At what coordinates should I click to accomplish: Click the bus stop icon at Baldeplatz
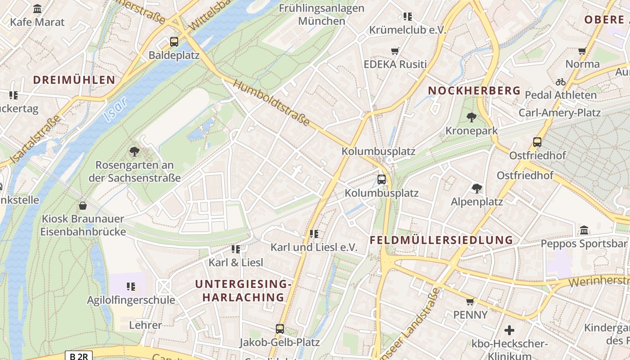[174, 42]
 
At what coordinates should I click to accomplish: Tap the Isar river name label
[115, 109]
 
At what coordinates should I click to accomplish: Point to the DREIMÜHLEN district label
[74, 80]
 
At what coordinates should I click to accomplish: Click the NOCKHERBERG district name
[474, 90]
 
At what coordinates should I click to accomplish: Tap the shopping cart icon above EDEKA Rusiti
[395, 51]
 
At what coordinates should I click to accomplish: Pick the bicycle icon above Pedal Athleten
[560, 82]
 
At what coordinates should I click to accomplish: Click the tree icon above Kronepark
[472, 117]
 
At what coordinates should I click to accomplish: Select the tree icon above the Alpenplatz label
[477, 188]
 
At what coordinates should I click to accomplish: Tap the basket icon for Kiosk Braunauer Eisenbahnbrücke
[83, 206]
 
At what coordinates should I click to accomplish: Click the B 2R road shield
[79, 356]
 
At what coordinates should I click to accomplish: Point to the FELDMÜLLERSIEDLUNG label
[441, 240]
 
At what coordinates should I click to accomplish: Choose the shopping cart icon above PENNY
[470, 301]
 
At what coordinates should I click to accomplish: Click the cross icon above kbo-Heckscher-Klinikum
[509, 330]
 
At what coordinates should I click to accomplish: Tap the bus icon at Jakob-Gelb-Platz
[280, 329]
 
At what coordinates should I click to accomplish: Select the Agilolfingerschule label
[131, 300]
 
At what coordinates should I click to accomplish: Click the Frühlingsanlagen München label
[321, 14]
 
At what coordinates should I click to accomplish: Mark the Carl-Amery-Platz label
[559, 112]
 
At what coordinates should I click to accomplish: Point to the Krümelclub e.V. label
[407, 30]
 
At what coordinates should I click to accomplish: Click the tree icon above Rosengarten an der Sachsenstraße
[134, 151]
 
